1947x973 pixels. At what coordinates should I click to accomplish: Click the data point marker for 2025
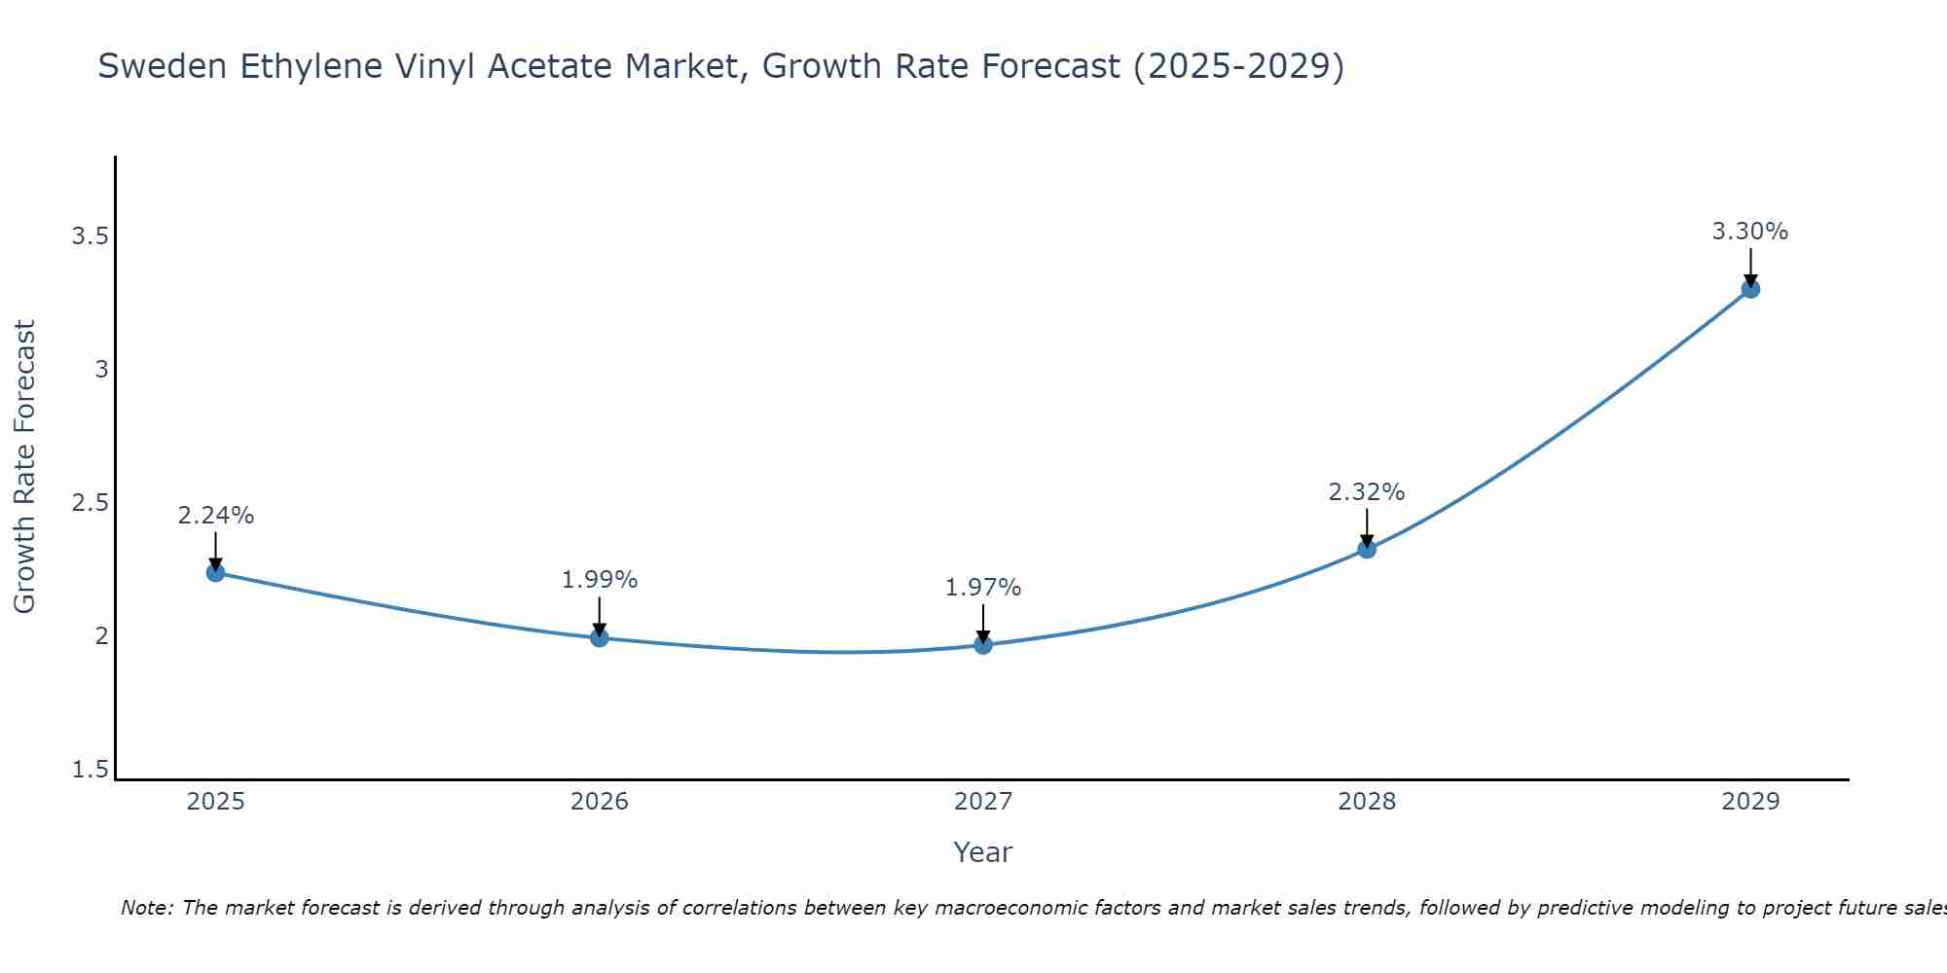pos(216,572)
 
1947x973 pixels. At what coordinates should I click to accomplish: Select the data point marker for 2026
pos(600,637)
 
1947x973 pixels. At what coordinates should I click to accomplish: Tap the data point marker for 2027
pos(983,644)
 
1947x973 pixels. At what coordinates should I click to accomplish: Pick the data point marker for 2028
pos(1367,549)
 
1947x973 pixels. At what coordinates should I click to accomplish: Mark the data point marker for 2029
pos(1750,289)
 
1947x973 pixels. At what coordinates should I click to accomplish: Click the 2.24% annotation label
pos(216,516)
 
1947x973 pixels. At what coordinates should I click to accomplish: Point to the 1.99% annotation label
pos(600,580)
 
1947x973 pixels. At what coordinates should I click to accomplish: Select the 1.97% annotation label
pos(983,588)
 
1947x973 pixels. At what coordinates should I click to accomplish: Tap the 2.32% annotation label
pos(1367,492)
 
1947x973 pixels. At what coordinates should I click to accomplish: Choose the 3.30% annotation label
pos(1750,232)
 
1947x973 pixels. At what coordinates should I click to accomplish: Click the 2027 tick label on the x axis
pos(983,802)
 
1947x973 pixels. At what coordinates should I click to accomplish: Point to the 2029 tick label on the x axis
pos(1750,802)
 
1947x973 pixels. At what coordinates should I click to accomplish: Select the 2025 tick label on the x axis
pos(216,802)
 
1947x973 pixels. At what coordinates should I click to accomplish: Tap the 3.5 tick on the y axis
pos(90,236)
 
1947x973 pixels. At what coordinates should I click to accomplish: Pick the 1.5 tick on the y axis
pos(90,770)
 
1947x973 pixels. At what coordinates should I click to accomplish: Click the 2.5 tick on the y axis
pos(90,503)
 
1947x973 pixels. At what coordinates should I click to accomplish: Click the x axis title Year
pos(983,852)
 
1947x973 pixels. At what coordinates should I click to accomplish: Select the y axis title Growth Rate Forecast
pos(25,467)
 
